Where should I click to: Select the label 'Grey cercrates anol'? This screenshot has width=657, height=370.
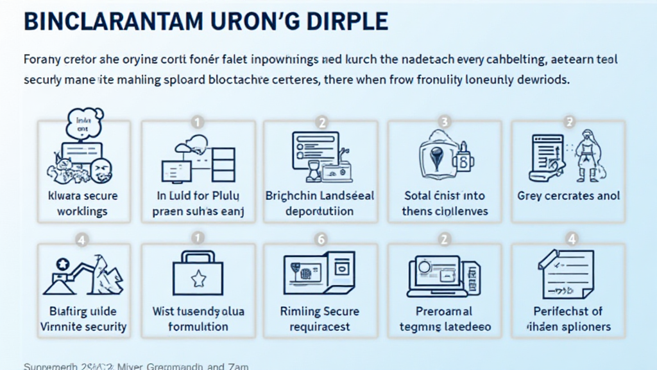(568, 196)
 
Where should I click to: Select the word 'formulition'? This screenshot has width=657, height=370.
(198, 327)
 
